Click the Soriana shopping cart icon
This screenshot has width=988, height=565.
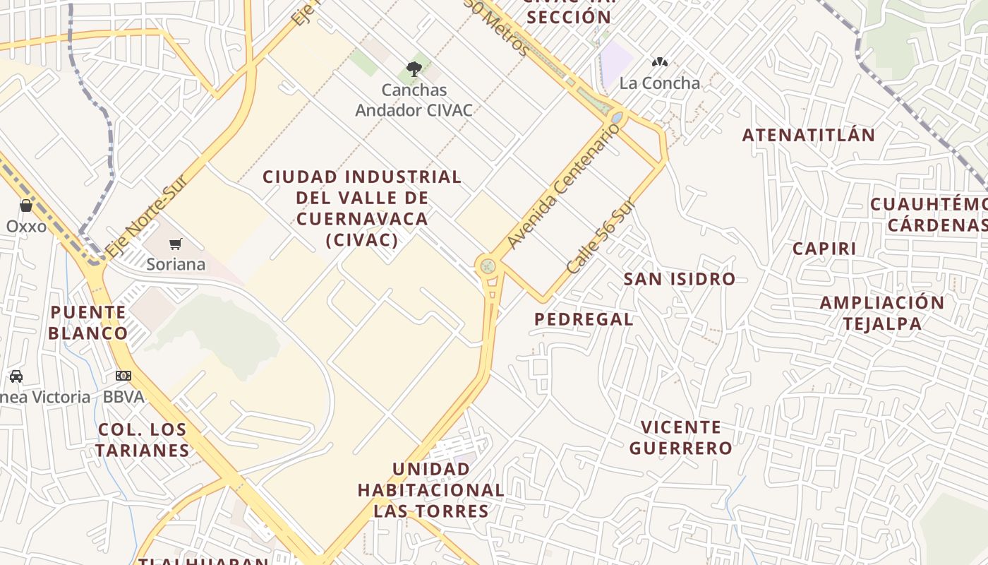[175, 244]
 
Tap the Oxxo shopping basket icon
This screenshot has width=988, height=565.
[26, 206]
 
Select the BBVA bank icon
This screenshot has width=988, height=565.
[123, 376]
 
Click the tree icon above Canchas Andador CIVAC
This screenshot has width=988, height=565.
[414, 69]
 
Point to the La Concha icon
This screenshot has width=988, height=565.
[660, 62]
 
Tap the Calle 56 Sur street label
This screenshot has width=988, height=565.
[601, 237]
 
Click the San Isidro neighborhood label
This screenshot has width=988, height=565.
[679, 279]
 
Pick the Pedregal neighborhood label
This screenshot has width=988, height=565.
[584, 319]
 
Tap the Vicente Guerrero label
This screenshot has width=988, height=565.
[681, 437]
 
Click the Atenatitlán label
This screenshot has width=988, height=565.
[808, 135]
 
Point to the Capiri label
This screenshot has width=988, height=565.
[824, 249]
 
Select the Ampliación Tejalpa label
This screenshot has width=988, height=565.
[881, 313]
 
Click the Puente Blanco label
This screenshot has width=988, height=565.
[88, 322]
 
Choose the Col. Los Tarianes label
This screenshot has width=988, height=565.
[143, 439]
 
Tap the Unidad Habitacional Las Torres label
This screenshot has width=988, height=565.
[430, 489]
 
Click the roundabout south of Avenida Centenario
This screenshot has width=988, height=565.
[486, 267]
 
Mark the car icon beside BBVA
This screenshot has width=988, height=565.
[16, 376]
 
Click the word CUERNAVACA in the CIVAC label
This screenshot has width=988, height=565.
[362, 218]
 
